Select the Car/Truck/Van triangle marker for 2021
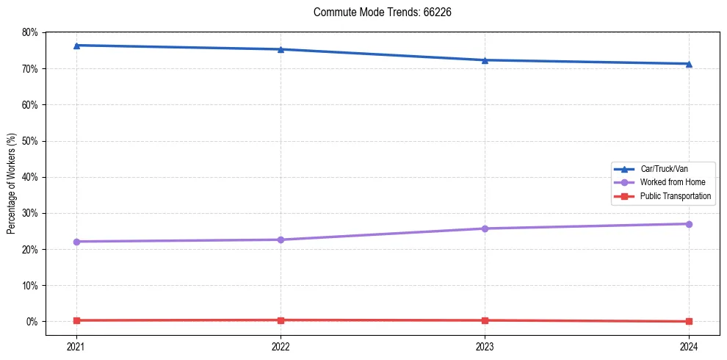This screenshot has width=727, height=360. coord(76,46)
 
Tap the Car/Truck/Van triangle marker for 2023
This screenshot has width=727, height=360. coord(485,60)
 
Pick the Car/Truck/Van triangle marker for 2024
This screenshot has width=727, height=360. coord(689,64)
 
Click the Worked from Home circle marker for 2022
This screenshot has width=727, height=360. coord(281,240)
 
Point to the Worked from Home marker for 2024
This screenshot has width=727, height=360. coord(689,224)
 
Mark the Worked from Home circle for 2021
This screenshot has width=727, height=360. coord(76,242)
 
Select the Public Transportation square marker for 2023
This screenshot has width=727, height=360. coord(485,320)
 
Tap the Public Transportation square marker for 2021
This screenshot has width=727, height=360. coord(76,320)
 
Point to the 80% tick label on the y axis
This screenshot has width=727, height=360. coord(30,32)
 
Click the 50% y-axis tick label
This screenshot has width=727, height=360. coord(30,141)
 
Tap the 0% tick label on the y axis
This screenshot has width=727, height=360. coord(32,322)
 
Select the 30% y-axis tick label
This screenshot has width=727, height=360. coord(30,213)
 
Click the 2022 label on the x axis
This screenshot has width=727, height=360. coord(281,346)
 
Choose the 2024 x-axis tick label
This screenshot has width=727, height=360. coord(689,346)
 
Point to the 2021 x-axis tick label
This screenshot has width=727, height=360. coord(76,346)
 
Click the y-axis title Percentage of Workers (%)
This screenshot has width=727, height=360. coord(12,184)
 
